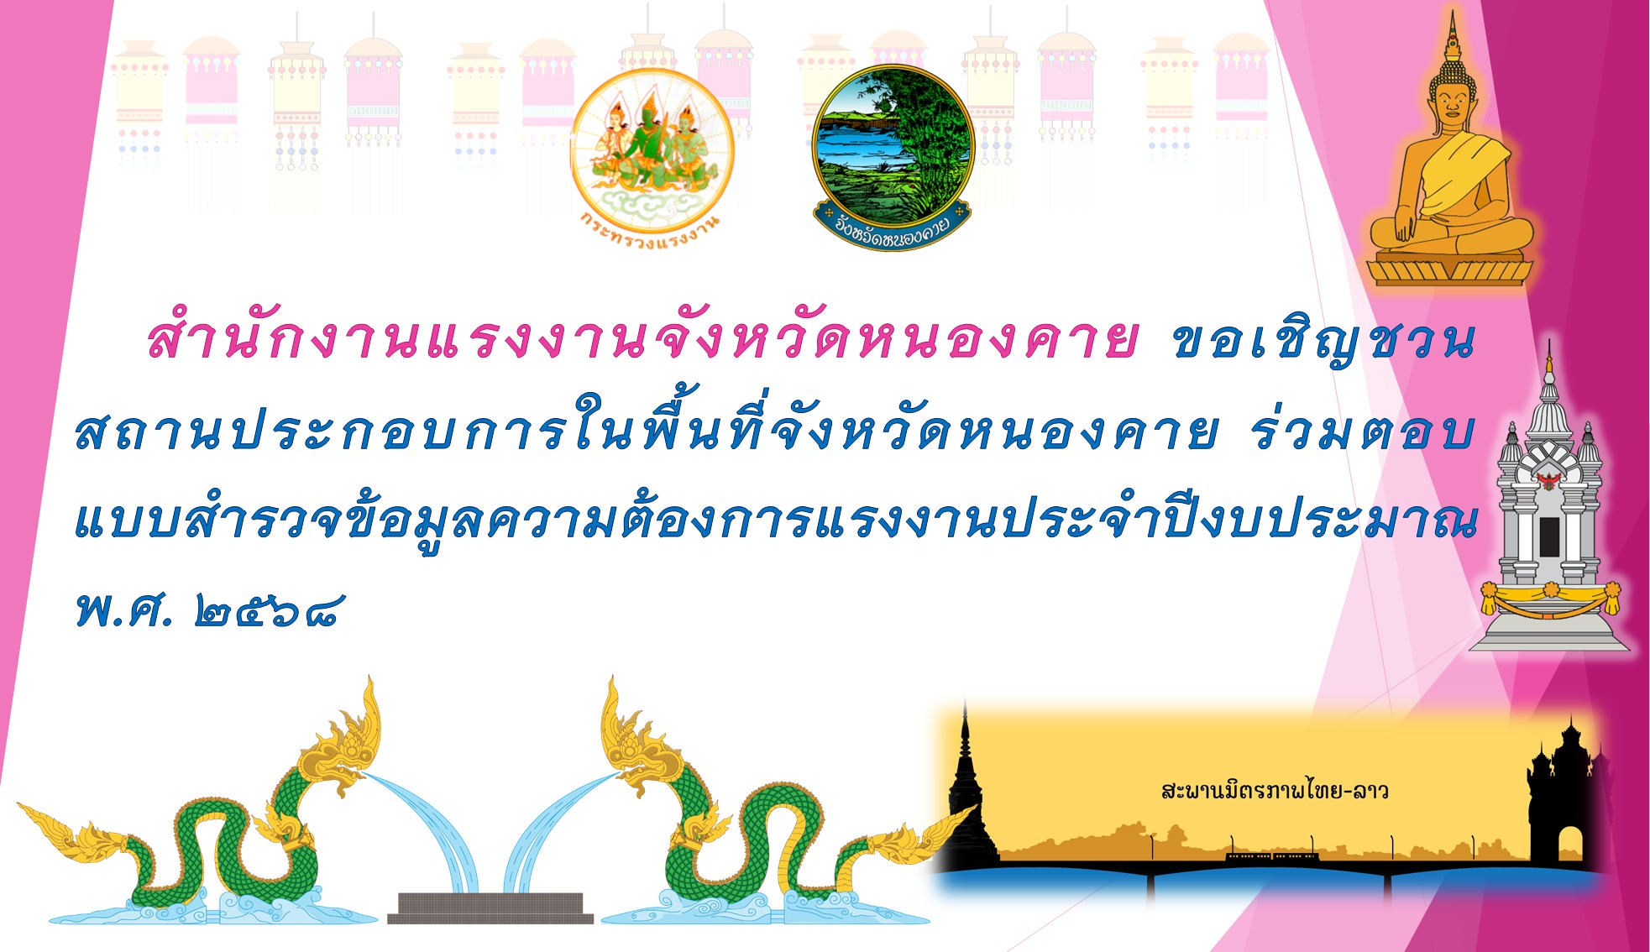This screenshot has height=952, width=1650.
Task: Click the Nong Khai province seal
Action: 893,156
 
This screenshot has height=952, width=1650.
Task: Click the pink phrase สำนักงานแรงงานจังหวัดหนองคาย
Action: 642,338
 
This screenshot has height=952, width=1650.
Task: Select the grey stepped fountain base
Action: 490,908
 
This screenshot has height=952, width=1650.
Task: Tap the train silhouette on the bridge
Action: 1273,857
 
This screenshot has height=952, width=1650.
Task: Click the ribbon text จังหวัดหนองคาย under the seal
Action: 892,228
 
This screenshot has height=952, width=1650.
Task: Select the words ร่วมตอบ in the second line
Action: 1361,433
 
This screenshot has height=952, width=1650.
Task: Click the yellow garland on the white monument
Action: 1550,599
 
